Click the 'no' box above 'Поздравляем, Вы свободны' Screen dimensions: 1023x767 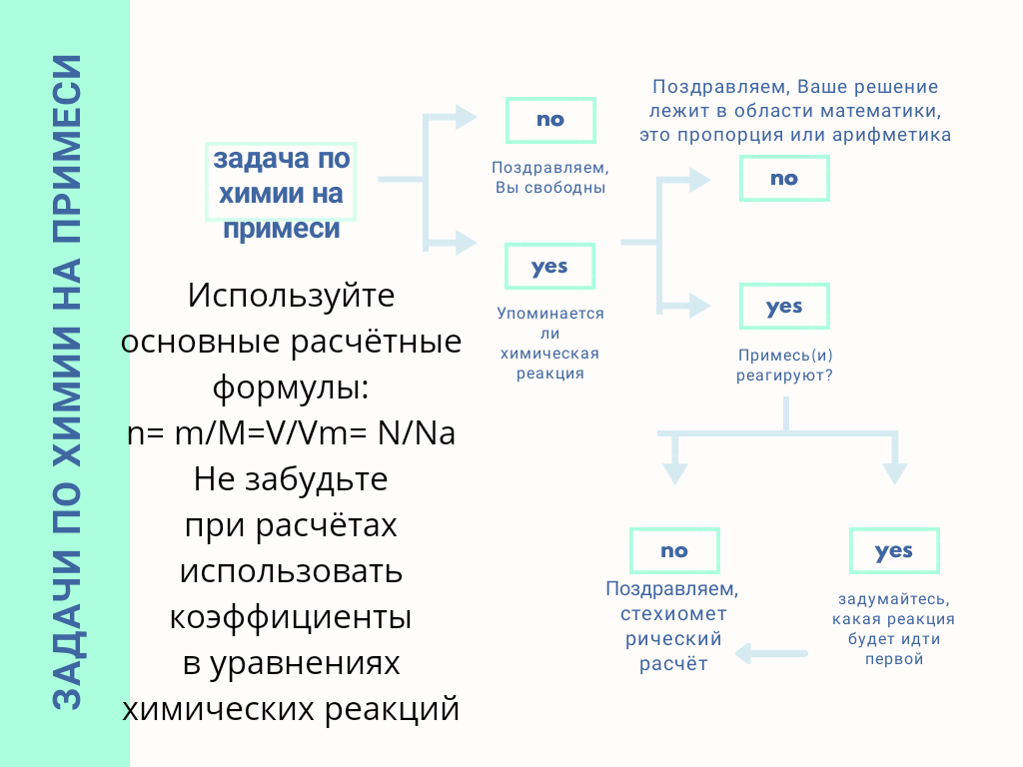[x=550, y=120]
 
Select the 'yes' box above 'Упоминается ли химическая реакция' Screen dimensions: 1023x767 [x=549, y=267]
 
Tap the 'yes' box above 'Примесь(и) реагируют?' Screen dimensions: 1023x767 [x=784, y=307]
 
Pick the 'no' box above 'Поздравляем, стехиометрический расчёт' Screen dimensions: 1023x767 [x=674, y=550]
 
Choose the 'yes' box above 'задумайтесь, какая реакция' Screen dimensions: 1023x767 [x=894, y=550]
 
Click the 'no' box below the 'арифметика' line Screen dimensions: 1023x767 [x=784, y=179]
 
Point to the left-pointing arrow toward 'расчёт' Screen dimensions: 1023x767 [x=770, y=654]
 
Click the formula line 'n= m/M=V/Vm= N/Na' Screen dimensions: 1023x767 [x=291, y=434]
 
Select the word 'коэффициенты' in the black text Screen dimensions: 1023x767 [x=291, y=616]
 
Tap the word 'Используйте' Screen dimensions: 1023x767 [x=291, y=297]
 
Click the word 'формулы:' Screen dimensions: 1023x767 [x=291, y=387]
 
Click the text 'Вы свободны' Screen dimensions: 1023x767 [x=550, y=188]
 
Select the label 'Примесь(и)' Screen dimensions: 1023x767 [x=785, y=356]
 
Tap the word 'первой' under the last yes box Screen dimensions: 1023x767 [x=894, y=659]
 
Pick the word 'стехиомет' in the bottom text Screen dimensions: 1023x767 [x=673, y=613]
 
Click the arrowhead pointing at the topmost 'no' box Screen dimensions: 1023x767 [x=466, y=117]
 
